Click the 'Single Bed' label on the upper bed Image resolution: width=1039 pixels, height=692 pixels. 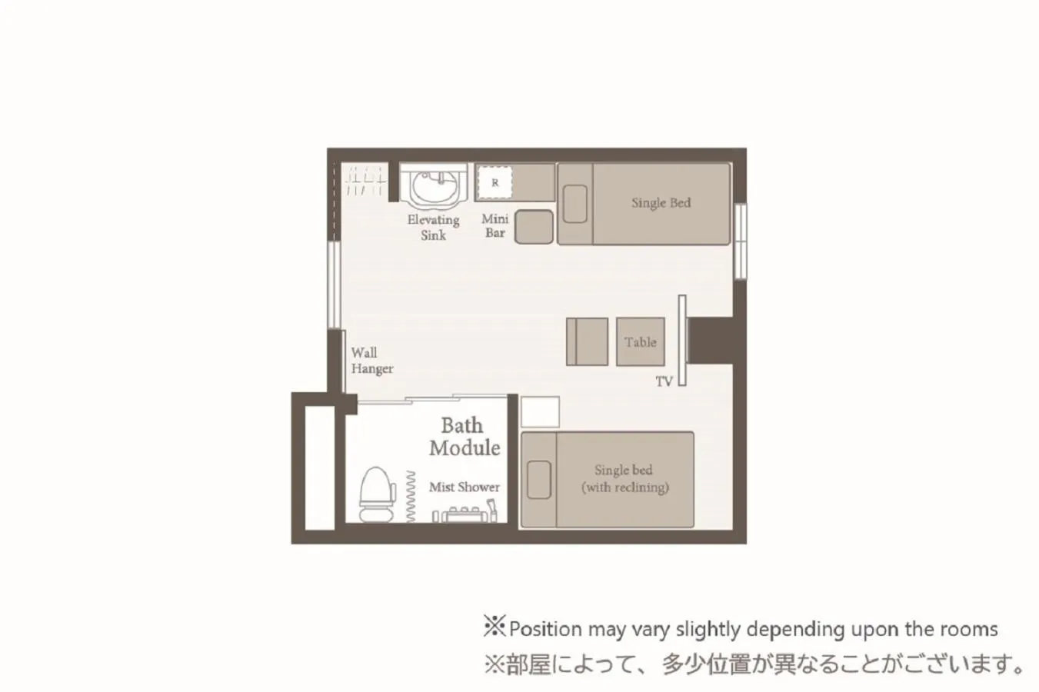661,203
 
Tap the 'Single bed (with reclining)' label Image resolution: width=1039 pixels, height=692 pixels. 624,478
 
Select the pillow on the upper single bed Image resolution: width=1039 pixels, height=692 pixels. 574,204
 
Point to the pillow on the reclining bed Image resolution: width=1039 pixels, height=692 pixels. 538,480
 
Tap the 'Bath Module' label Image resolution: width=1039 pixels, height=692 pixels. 464,437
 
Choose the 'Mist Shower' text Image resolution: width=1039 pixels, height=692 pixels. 464,487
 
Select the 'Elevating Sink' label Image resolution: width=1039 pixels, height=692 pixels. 433,228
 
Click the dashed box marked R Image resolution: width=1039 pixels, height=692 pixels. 495,183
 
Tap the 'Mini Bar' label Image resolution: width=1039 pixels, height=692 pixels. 495,225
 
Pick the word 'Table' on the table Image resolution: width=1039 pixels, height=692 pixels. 640,342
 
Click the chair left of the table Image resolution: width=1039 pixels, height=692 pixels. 587,341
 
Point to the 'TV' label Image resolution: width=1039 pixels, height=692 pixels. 664,381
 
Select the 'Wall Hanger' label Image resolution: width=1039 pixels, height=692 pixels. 371,361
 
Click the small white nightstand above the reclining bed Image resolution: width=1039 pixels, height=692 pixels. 540,411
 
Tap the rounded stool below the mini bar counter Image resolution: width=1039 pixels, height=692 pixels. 534,227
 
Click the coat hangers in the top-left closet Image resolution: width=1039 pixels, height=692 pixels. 365,181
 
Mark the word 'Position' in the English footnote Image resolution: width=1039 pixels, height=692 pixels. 545,629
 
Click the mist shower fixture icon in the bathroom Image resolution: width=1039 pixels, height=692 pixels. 465,513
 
